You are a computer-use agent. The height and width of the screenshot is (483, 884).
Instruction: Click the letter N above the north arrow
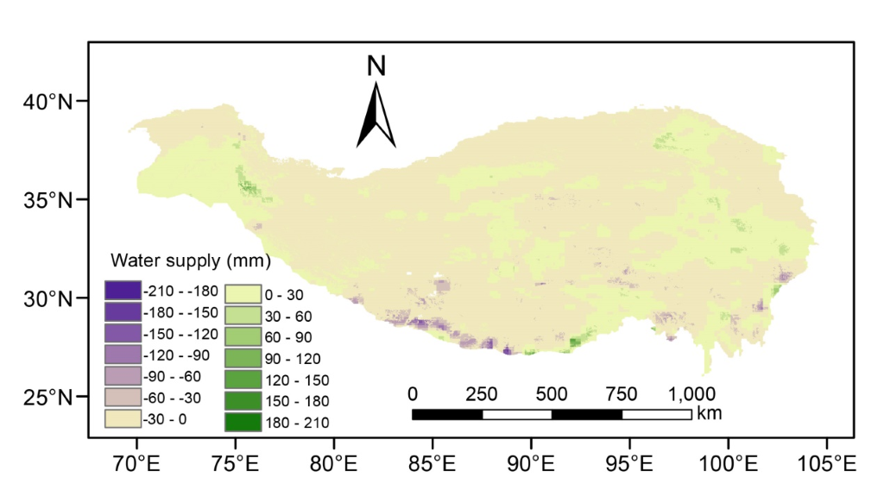click(376, 66)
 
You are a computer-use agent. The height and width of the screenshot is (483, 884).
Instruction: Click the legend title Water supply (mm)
click(191, 260)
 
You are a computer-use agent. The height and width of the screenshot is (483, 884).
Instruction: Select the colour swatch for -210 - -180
click(121, 290)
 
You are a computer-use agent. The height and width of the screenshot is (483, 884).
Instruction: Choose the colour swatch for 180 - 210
click(242, 422)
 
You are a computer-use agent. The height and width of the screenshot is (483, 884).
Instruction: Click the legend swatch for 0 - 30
click(242, 295)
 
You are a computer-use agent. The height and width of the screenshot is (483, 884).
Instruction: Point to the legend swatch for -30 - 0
click(121, 419)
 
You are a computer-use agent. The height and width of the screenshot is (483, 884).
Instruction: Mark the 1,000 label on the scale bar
click(691, 394)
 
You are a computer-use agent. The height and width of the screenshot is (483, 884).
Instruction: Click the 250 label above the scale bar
click(482, 394)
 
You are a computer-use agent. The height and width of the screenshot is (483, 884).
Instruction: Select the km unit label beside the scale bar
click(709, 413)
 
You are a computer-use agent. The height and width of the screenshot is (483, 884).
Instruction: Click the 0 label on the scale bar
click(413, 394)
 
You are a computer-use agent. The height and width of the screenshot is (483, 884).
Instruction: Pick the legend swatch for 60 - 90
click(242, 337)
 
